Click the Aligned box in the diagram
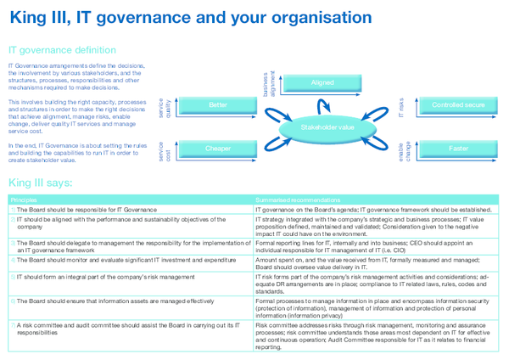click(x=322, y=83)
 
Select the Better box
click(x=218, y=105)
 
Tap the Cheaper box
click(x=218, y=149)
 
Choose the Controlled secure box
click(x=458, y=105)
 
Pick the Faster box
click(x=458, y=149)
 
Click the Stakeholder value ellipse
click(x=327, y=127)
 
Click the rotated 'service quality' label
click(x=164, y=108)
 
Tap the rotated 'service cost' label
click(x=164, y=151)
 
